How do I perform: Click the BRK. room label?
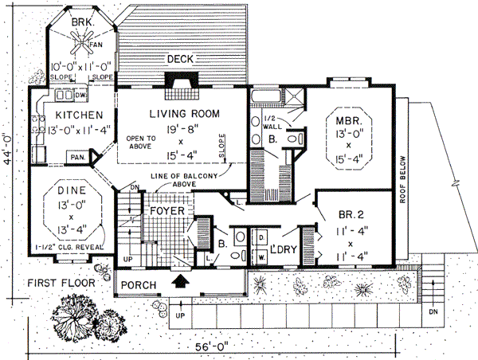[x=82, y=23]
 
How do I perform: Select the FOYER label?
[x=167, y=211]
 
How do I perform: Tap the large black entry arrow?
[x=182, y=281]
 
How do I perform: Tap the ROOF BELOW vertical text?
[x=403, y=179]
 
